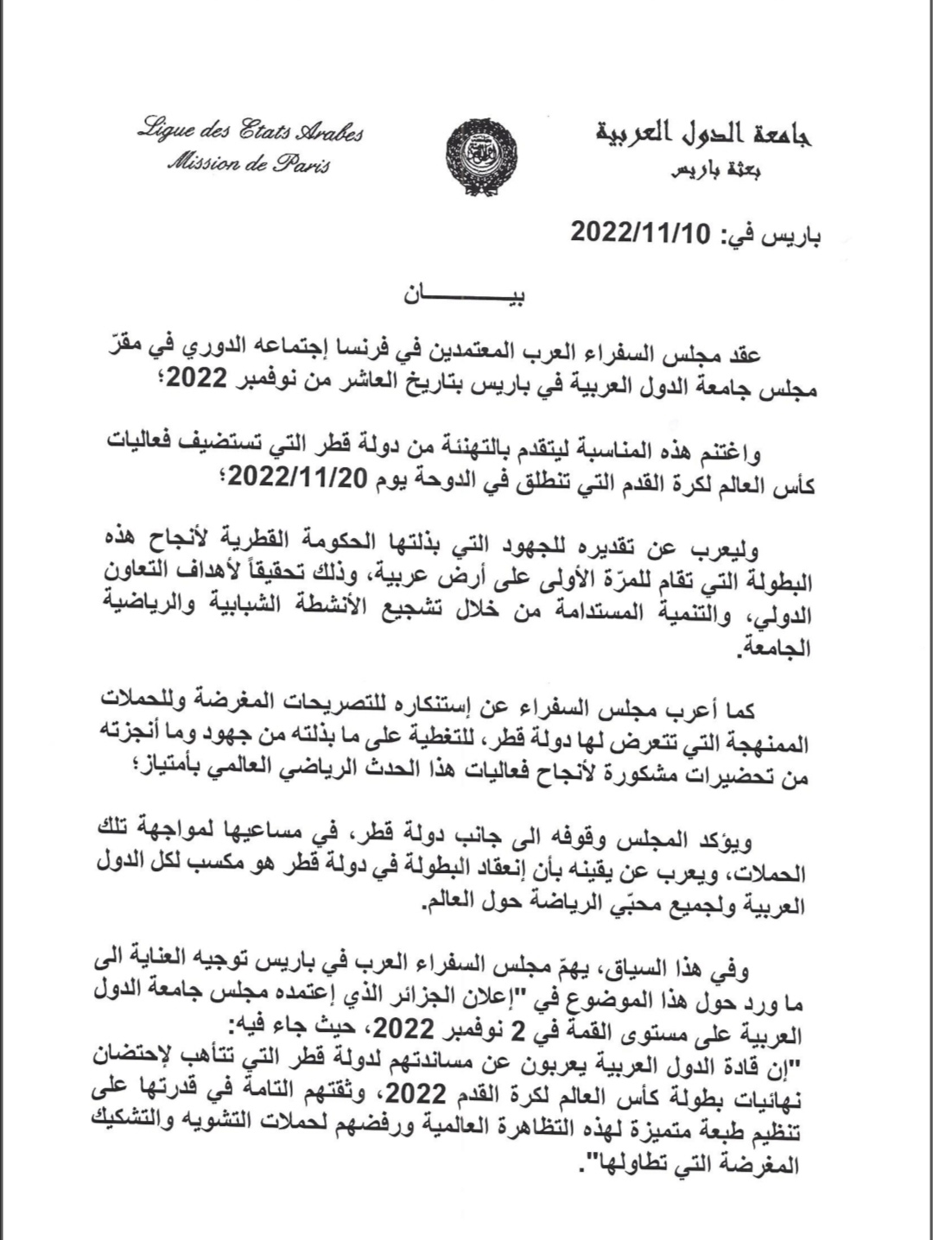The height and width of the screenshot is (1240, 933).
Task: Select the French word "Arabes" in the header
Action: click(324, 132)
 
